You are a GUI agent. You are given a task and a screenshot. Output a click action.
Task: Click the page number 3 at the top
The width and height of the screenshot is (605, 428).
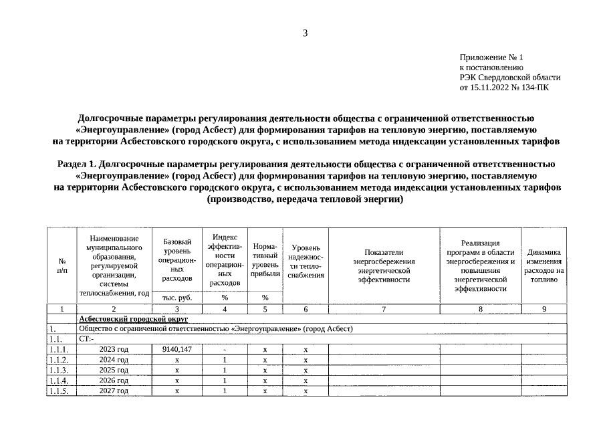305,33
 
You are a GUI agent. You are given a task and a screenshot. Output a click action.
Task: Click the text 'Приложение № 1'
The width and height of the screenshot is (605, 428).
491,58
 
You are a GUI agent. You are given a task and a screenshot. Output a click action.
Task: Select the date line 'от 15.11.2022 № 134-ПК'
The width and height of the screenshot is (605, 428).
504,87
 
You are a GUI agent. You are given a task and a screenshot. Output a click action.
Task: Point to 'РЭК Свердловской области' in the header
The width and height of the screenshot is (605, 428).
509,77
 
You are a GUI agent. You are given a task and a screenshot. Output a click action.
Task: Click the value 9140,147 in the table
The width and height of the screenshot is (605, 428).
177,349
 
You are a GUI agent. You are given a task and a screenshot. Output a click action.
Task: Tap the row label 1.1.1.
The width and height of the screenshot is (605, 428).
59,349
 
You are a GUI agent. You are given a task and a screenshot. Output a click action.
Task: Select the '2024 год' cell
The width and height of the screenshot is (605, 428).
114,360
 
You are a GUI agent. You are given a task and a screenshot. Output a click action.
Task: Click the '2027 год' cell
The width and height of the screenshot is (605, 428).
114,391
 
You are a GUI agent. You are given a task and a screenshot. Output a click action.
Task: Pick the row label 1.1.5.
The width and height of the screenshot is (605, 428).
59,391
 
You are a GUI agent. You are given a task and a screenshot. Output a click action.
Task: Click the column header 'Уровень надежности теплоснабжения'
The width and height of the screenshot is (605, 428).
306,261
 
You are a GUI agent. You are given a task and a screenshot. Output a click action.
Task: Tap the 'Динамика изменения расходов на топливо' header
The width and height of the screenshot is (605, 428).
543,266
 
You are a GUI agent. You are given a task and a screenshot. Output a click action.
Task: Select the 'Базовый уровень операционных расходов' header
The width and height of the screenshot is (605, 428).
177,259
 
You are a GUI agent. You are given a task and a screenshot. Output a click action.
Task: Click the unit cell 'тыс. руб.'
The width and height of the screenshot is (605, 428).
177,298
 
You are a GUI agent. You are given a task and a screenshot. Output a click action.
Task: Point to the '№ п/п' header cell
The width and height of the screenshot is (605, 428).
62,265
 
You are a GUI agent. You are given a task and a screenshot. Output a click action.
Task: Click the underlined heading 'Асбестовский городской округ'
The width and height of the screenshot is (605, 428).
133,319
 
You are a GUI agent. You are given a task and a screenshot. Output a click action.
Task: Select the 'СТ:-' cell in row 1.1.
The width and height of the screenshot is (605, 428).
87,339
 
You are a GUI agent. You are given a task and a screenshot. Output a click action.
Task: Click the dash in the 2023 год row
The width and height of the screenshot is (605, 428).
225,350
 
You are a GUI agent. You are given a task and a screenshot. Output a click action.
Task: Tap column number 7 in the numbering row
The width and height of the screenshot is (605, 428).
384,309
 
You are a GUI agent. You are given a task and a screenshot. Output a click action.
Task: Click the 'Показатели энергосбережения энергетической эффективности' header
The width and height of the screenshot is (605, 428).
384,266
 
